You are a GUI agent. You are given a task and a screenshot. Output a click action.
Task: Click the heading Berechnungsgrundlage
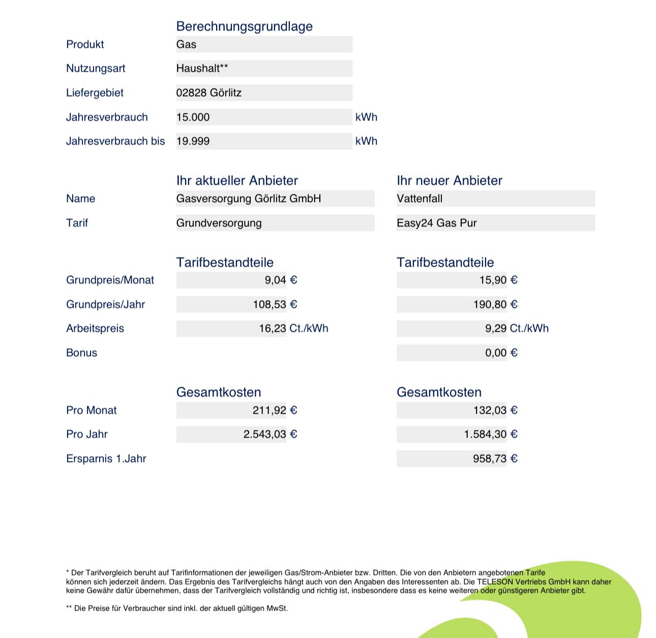[244, 26]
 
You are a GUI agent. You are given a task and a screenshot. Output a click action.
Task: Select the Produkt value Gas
[186, 45]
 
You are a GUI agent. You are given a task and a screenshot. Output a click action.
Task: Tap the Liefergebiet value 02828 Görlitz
[208, 93]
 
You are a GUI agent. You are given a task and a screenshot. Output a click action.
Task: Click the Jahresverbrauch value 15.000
[193, 118]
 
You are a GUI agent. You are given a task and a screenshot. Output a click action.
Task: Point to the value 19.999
[193, 141]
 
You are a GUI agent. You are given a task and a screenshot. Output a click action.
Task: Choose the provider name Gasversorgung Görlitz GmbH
[248, 199]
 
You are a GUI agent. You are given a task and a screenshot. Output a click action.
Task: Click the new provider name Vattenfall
[420, 199]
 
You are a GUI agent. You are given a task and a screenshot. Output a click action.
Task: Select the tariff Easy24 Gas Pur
[436, 223]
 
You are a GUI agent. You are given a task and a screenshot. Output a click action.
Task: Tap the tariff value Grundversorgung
[219, 223]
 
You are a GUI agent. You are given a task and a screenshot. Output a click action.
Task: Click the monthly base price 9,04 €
[281, 280]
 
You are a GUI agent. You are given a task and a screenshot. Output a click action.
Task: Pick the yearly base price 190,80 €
[495, 305]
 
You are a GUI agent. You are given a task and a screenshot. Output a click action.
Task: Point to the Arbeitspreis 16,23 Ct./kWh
[293, 329]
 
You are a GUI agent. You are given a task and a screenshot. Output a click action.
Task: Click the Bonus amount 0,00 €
[501, 353]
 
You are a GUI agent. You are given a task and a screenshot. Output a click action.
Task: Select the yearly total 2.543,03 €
[270, 434]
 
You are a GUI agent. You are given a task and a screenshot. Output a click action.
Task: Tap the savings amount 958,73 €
[495, 459]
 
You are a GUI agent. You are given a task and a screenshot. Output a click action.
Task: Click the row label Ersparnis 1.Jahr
[106, 459]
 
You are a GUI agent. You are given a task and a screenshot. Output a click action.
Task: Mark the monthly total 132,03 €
[495, 411]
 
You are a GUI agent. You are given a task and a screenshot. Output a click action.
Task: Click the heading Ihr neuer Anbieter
[449, 181]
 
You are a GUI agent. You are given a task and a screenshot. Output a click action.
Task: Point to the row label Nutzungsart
[96, 69]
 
